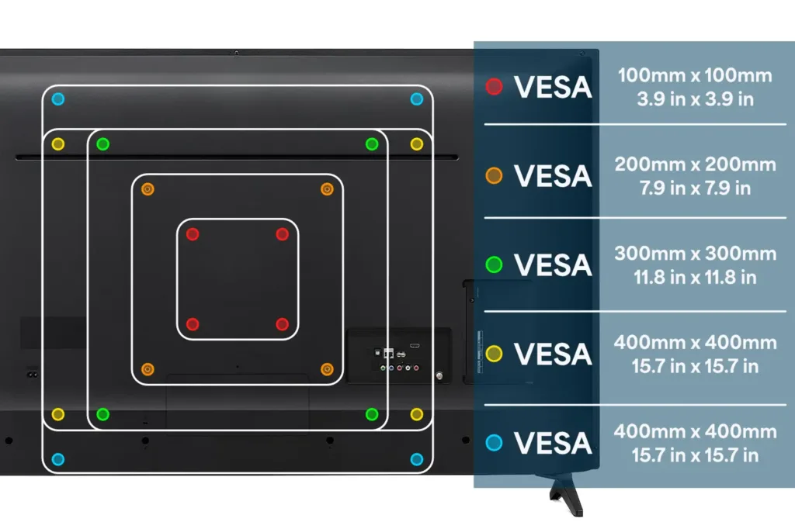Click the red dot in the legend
click(494, 87)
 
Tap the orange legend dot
click(494, 176)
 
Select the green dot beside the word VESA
click(494, 265)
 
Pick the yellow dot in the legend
click(494, 354)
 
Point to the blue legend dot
click(494, 443)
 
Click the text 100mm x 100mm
click(695, 76)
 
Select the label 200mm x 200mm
click(695, 164)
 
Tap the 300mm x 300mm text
click(695, 254)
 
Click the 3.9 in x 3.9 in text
click(695, 99)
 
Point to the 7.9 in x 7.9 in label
click(695, 188)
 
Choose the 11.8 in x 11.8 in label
click(695, 277)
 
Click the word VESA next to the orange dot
click(553, 176)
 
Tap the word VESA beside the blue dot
click(553, 443)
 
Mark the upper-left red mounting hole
click(193, 234)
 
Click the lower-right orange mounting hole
click(327, 368)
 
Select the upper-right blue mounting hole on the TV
click(417, 99)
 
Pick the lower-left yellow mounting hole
click(58, 414)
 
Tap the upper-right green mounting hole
click(372, 144)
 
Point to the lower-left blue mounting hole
click(58, 459)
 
